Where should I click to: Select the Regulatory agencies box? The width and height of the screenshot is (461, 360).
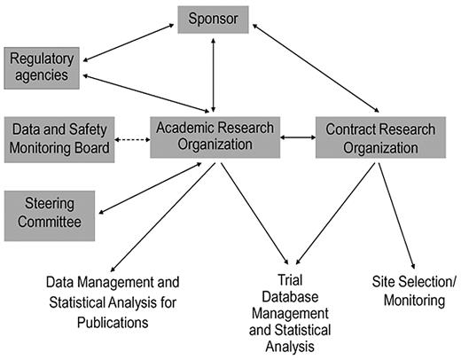39,67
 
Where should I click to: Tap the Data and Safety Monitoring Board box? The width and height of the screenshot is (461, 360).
59,138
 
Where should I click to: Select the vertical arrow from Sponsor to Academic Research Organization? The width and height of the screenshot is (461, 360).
213,72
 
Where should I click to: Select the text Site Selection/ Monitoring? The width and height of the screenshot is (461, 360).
413,292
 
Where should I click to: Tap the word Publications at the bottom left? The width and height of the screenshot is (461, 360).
113,322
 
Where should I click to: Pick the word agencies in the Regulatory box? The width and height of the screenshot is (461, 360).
39,76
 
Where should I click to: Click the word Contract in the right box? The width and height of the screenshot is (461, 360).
354,129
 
